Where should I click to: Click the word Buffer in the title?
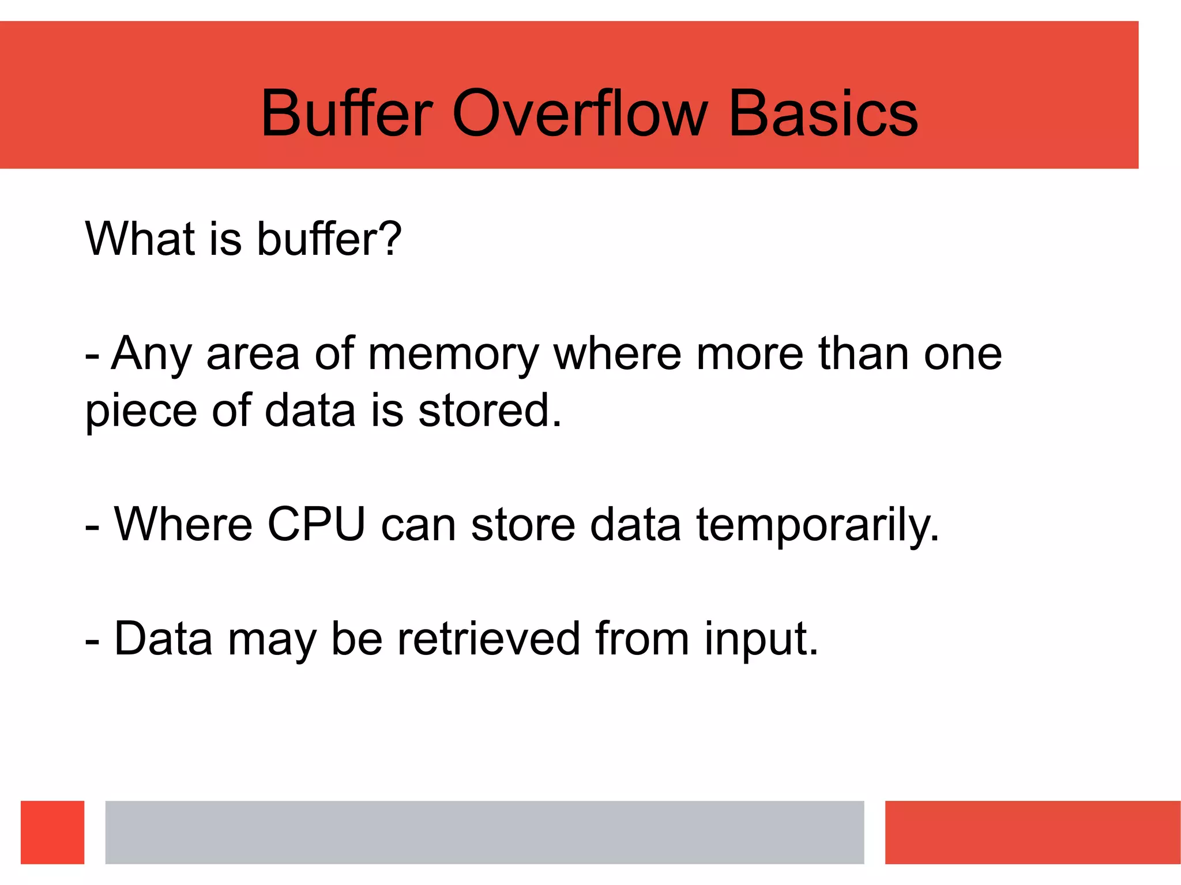(346, 114)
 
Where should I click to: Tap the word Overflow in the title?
(580, 114)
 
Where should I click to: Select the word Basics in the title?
(823, 114)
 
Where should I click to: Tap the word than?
(864, 353)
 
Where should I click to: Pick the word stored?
(489, 411)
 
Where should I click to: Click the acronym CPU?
(316, 524)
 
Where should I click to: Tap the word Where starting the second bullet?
(183, 524)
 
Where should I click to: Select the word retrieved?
(488, 639)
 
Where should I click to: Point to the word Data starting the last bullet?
(163, 639)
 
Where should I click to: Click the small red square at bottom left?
(52, 832)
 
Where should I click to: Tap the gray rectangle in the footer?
(484, 832)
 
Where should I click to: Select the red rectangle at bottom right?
(1032, 832)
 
